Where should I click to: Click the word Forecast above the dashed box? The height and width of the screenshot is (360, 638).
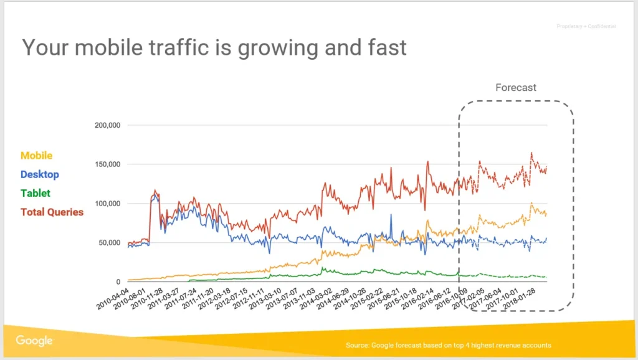click(x=515, y=88)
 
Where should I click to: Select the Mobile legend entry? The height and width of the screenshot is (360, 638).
click(x=36, y=156)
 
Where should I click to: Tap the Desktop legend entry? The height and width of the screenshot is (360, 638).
click(x=40, y=174)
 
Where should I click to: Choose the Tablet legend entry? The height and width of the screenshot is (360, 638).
click(x=36, y=193)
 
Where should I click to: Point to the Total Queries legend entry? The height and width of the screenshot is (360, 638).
click(x=52, y=212)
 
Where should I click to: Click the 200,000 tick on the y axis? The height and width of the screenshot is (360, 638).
click(x=107, y=125)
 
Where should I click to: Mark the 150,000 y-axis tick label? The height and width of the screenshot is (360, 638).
click(x=107, y=164)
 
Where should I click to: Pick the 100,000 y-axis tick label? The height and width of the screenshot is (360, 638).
click(x=107, y=204)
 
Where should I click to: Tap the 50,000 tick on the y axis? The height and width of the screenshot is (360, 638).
click(x=109, y=243)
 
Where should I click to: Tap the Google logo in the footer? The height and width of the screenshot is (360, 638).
click(x=34, y=341)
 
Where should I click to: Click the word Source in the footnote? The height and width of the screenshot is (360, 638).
click(x=358, y=345)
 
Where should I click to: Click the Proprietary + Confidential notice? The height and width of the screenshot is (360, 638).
click(x=586, y=26)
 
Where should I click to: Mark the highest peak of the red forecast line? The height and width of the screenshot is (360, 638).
click(x=531, y=153)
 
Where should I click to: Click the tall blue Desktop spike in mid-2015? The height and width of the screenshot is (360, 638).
click(x=391, y=215)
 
